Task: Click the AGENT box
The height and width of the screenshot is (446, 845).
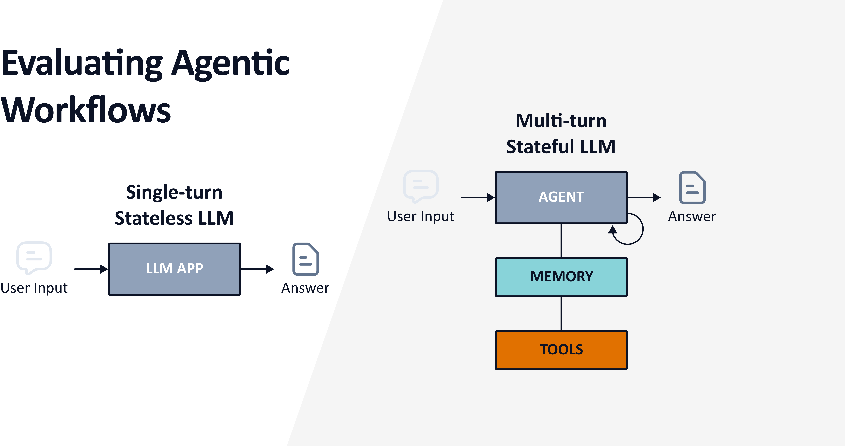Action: click(561, 197)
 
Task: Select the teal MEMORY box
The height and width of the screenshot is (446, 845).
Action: click(561, 277)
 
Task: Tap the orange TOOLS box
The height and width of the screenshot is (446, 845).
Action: click(561, 350)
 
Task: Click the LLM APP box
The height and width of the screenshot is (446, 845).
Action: click(174, 269)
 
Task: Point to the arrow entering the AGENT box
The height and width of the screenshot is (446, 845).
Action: click(477, 197)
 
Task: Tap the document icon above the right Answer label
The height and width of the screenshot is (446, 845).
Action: click(692, 188)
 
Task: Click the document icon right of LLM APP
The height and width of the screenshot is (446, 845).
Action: click(305, 259)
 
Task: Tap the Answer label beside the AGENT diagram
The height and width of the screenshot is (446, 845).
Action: click(692, 216)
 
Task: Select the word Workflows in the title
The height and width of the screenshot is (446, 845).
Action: click(86, 110)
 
